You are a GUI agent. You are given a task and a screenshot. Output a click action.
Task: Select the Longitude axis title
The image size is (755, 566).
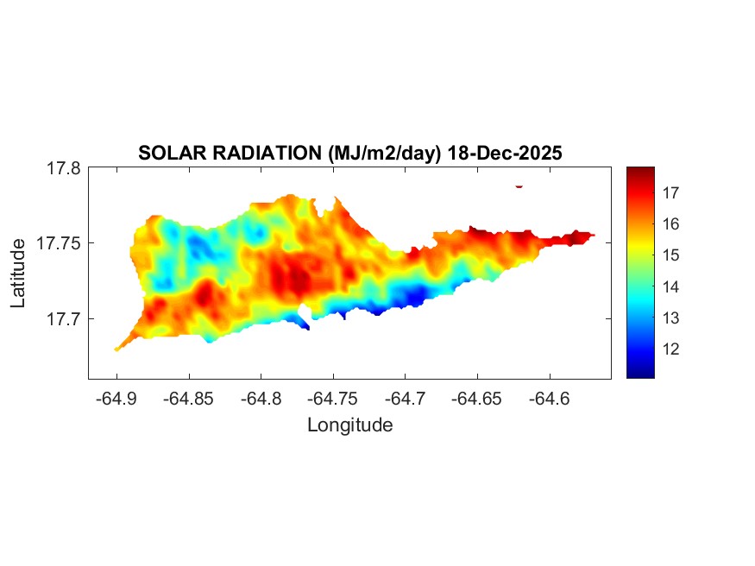(x=349, y=424)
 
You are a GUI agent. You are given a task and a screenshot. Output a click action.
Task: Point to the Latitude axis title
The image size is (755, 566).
(x=18, y=274)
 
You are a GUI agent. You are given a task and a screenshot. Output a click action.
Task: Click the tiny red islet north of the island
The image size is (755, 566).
(x=519, y=186)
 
